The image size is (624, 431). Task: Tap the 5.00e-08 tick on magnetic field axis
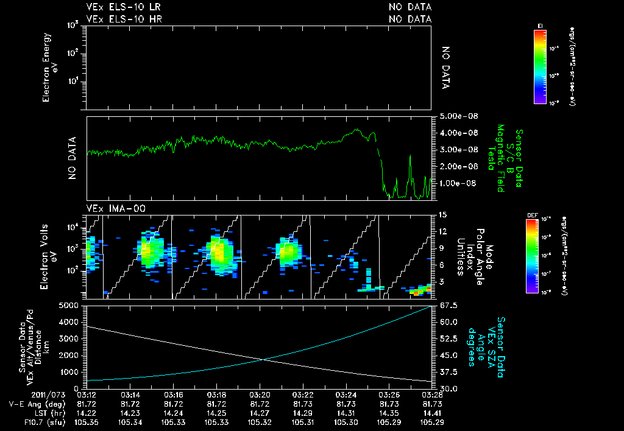point(452,116)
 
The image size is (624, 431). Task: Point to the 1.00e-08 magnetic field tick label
point(452,183)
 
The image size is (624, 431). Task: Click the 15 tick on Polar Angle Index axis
point(443,214)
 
